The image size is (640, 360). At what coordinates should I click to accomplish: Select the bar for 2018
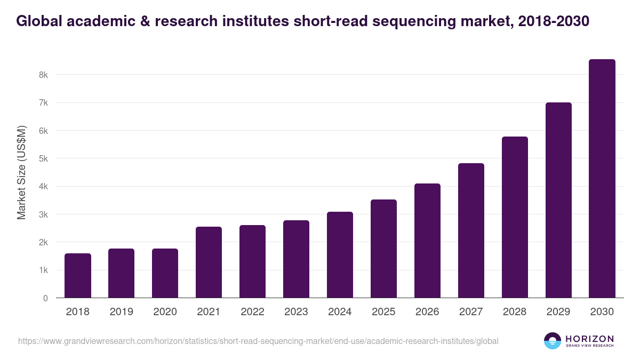pos(78,276)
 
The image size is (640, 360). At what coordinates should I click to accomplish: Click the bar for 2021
pos(209,262)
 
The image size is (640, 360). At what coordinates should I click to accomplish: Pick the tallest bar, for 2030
pos(602,179)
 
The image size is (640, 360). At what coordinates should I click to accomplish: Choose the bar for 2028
pos(515,217)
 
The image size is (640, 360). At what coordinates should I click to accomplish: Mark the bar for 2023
pos(296,259)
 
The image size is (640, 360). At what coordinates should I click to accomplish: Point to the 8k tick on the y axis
pos(43,75)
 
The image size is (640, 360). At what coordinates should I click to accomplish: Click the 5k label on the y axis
pos(43,159)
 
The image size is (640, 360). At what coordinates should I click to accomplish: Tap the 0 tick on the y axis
pos(45,298)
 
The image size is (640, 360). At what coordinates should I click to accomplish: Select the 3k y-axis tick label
pos(43,214)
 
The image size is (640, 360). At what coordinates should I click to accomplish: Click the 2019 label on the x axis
pos(122,312)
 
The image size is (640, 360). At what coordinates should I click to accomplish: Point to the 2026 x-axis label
pos(427,312)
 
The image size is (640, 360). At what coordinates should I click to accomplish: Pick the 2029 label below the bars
pos(558,312)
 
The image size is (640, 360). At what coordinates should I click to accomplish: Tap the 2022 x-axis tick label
pos(252,312)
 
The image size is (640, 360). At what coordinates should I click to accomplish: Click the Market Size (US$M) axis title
pos(21,172)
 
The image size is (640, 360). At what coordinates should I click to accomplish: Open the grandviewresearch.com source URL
pos(258,341)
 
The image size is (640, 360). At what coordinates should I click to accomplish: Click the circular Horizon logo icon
pos(552,341)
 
